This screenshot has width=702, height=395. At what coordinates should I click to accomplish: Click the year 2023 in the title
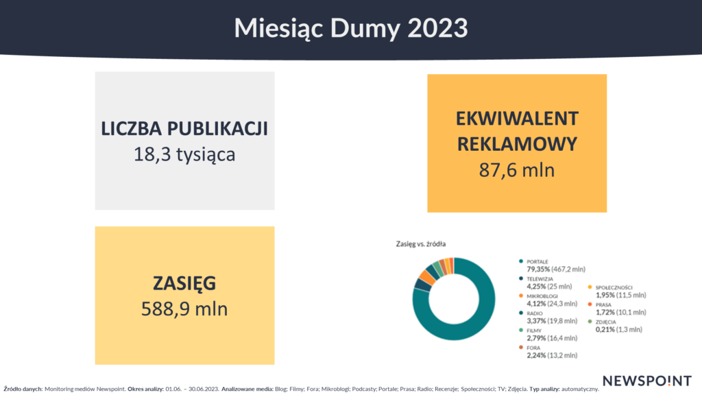(x=438, y=27)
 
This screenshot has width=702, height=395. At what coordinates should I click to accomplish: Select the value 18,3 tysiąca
(x=184, y=155)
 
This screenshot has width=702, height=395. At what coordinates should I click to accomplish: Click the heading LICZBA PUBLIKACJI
(x=184, y=128)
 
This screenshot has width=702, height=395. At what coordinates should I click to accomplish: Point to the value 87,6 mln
(x=517, y=170)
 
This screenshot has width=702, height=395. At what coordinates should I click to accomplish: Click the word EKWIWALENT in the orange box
(x=517, y=119)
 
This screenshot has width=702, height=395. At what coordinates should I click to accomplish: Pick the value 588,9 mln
(x=184, y=309)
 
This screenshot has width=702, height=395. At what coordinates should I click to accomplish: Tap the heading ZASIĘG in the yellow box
(x=184, y=284)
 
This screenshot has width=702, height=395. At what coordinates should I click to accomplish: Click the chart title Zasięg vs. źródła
(x=421, y=244)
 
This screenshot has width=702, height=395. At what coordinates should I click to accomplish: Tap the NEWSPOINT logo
(x=647, y=381)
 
